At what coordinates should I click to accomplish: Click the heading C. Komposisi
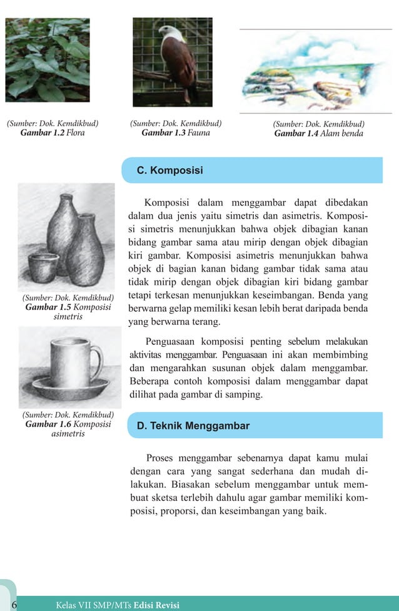coord(170,170)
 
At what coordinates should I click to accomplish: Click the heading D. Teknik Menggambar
coord(193,426)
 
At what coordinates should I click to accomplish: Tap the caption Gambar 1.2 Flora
coord(53,133)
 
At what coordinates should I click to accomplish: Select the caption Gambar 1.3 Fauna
coord(176,133)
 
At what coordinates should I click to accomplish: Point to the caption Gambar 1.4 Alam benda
coord(318,133)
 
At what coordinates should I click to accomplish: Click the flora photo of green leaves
coord(48,59)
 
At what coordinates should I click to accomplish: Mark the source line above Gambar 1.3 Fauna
coord(176,123)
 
